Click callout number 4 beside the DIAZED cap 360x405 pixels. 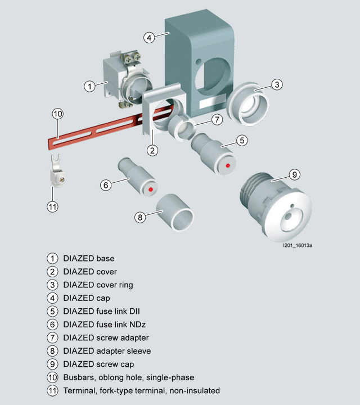(x=149, y=38)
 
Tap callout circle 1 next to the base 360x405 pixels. (x=89, y=86)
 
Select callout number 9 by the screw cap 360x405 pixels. (x=294, y=174)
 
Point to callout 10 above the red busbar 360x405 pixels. (x=58, y=114)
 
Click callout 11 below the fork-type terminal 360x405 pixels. (x=52, y=206)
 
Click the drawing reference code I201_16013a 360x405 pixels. (x=298, y=246)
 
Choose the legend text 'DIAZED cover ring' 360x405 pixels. (x=98, y=285)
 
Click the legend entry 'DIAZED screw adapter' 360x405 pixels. (x=106, y=338)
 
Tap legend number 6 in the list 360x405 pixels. (x=52, y=325)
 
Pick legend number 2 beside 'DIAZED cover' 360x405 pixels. (x=52, y=272)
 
